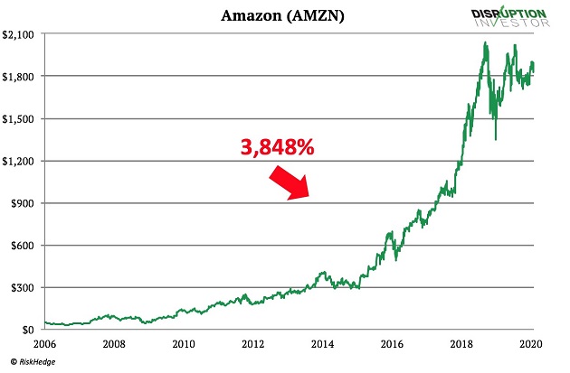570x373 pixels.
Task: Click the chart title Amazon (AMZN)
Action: (x=272, y=15)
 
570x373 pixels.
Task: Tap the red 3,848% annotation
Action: (x=277, y=148)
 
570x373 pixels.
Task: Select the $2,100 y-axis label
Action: (x=21, y=34)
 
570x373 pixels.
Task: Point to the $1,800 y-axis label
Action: (x=21, y=77)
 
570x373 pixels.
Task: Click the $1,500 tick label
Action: (x=21, y=119)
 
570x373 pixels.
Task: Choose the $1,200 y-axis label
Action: (x=21, y=161)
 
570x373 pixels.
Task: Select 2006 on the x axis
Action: (x=44, y=344)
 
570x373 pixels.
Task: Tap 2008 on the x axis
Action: (x=113, y=344)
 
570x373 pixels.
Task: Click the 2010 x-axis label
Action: (x=184, y=344)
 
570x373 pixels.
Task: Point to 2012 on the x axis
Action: (x=253, y=344)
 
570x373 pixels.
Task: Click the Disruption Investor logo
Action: (x=509, y=17)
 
